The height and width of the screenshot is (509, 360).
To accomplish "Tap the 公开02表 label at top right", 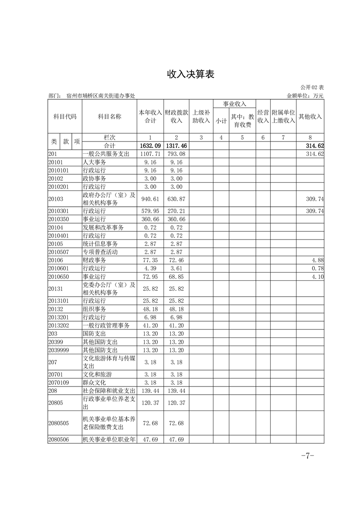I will (312, 87).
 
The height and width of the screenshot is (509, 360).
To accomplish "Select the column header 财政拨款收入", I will (176, 117).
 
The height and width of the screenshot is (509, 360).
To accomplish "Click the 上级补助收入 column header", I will (201, 117).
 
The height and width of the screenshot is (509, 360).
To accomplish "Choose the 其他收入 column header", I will (310, 117).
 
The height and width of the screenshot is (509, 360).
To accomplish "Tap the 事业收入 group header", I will (234, 104).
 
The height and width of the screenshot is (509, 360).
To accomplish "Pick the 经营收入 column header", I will (263, 117).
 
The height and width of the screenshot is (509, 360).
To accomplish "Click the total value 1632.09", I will (150, 146).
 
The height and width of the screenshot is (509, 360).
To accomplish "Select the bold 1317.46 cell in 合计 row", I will (176, 146).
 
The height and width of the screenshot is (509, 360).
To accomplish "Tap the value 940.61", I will (150, 199).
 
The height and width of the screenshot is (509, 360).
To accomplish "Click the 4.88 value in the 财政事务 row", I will (317, 260).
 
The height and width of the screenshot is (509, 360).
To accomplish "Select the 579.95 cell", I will (150, 211).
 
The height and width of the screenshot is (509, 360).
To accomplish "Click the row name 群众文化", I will (94, 382).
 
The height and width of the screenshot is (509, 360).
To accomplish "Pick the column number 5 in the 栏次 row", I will (242, 137).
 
